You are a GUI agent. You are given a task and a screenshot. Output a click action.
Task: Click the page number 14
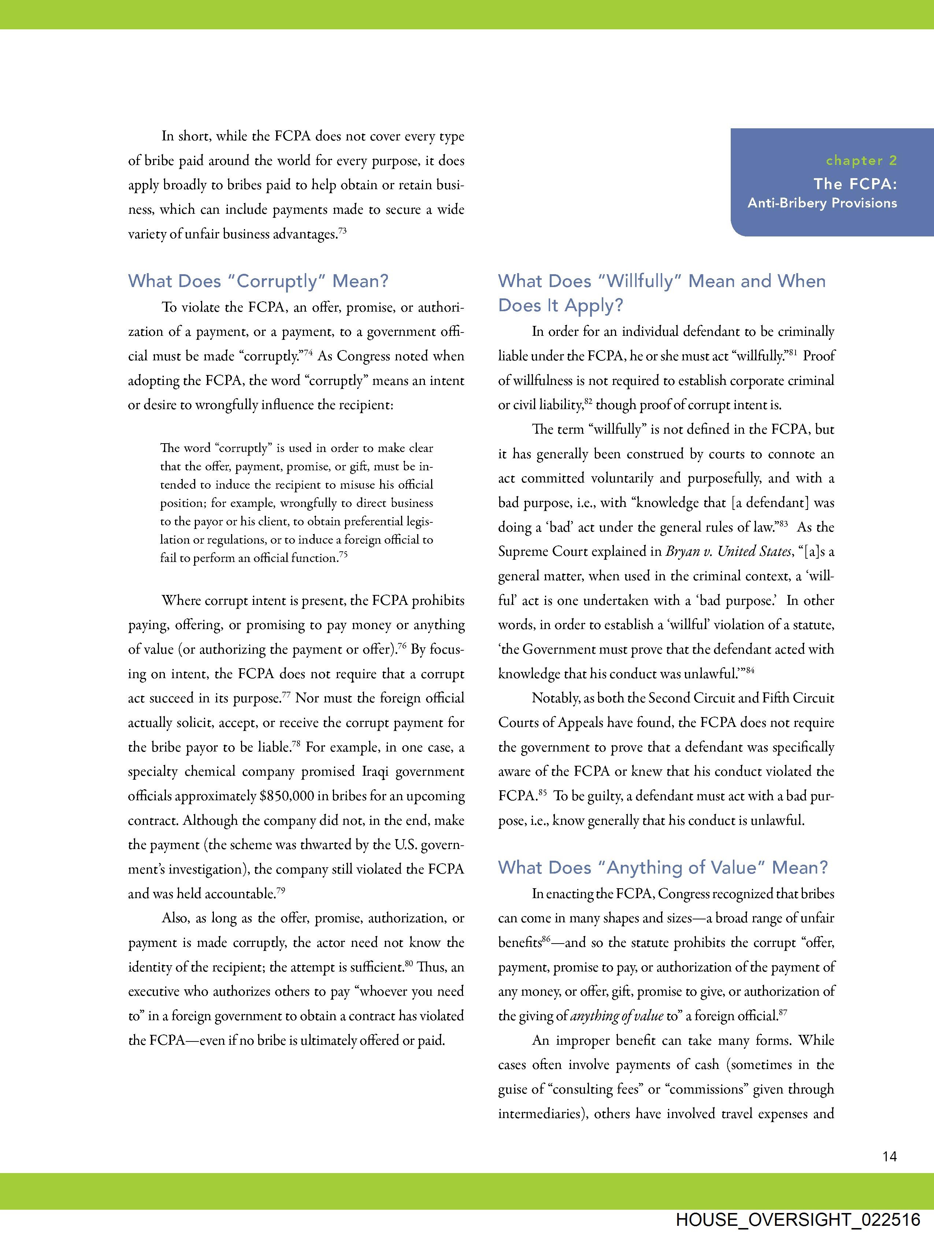[x=889, y=1156]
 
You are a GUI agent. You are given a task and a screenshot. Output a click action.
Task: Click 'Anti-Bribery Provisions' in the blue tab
[x=822, y=203]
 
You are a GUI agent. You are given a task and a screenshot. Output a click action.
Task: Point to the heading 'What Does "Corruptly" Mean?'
[x=258, y=281]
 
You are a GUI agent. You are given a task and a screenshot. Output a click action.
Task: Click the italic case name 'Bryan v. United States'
[x=729, y=552]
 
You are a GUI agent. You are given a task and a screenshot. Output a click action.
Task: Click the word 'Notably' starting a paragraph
[x=555, y=698]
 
